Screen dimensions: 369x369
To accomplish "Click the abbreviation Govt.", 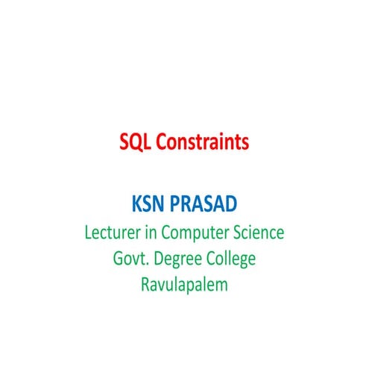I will [x=128, y=259].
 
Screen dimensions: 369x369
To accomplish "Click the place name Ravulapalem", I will [x=183, y=284].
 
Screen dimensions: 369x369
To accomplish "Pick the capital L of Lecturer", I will [x=88, y=233].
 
